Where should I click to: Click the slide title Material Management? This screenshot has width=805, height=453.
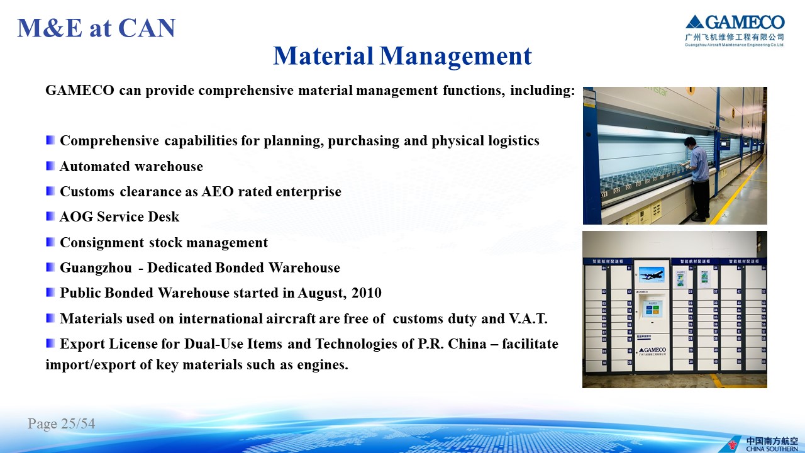[402, 56]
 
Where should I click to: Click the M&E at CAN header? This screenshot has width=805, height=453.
[96, 28]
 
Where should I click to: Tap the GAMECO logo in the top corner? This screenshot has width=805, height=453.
[735, 31]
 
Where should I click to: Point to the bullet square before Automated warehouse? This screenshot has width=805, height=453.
[50, 165]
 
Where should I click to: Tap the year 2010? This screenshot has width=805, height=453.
[367, 293]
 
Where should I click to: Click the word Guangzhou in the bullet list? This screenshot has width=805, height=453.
[96, 268]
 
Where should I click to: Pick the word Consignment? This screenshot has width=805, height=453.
[102, 243]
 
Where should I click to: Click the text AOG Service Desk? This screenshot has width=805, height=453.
[119, 217]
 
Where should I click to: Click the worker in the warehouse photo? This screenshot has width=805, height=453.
[697, 179]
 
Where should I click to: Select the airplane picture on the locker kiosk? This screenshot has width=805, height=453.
[651, 275]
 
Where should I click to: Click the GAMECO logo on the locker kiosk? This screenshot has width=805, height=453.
[652, 351]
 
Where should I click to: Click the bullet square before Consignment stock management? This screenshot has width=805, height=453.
[50, 242]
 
